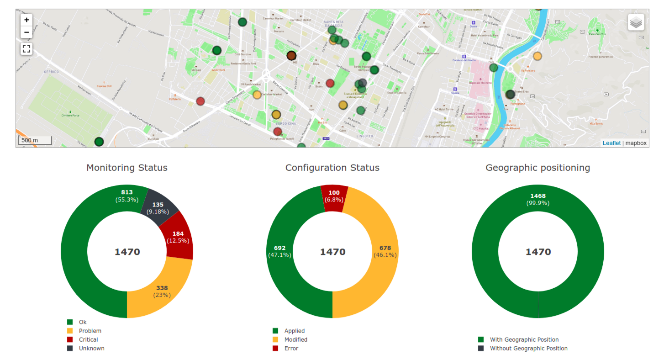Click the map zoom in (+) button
(26, 20)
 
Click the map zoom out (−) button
(26, 32)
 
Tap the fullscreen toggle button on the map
(26, 49)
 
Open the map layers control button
(636, 22)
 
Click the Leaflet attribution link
(611, 143)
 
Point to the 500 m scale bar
(35, 140)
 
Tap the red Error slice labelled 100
(334, 196)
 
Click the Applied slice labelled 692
(280, 251)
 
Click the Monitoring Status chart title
(127, 168)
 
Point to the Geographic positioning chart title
(538, 168)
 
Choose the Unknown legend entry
(91, 348)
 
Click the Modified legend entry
(295, 339)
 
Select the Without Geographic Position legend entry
(528, 348)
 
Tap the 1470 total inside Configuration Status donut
(332, 252)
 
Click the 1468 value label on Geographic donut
(538, 196)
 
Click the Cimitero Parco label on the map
(70, 116)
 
